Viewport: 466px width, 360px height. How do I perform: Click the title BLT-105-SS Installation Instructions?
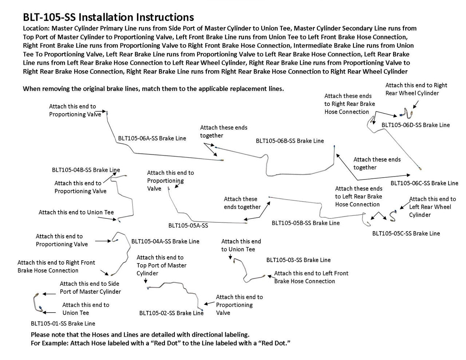(x=108, y=17)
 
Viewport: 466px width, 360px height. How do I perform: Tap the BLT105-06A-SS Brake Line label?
(x=152, y=138)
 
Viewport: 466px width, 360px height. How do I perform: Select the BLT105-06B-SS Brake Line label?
(x=289, y=141)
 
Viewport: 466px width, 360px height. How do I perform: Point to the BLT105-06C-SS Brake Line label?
(x=424, y=183)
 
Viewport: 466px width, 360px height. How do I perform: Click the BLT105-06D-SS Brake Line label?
(x=415, y=125)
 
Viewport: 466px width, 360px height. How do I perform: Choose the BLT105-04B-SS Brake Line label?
(x=86, y=170)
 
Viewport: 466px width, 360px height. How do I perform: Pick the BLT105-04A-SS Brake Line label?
(x=165, y=241)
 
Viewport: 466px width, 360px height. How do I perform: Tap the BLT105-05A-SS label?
(x=188, y=225)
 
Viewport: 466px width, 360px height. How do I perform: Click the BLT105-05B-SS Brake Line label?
(x=305, y=223)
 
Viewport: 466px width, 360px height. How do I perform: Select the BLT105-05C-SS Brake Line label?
(x=406, y=233)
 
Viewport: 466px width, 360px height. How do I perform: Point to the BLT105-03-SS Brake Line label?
(x=299, y=260)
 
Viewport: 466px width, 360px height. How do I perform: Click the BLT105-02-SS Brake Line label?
(x=171, y=313)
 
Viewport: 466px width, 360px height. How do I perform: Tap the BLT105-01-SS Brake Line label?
(x=63, y=323)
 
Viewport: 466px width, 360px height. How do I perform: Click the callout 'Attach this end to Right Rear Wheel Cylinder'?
(x=416, y=89)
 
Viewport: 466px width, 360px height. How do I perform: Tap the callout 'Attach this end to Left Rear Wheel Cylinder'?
(x=432, y=207)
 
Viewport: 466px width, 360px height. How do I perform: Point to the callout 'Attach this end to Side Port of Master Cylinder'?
(x=90, y=288)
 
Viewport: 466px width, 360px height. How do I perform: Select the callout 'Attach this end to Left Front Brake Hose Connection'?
(x=311, y=277)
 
